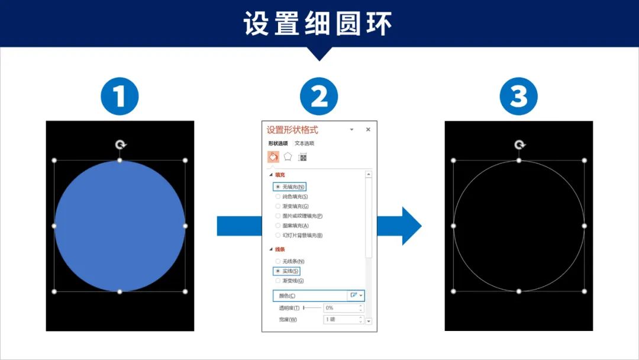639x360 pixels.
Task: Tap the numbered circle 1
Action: point(120,97)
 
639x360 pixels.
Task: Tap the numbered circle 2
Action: point(319,97)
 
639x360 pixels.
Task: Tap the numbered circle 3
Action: point(518,97)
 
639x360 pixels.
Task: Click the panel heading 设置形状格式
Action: point(292,130)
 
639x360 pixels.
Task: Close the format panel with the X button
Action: point(368,130)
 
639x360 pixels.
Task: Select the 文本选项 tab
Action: point(305,143)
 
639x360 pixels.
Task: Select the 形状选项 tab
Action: point(278,143)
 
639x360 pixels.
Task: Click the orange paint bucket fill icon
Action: point(273,157)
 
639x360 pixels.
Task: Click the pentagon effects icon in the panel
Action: point(288,157)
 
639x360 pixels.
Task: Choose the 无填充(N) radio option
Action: point(278,187)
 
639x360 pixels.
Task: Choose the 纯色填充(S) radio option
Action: point(278,197)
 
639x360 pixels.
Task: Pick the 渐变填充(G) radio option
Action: point(278,206)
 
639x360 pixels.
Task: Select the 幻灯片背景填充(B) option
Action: point(278,235)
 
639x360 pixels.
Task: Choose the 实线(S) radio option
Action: point(278,271)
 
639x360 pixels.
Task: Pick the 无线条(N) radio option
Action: point(278,261)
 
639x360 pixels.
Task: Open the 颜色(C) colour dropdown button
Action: point(357,295)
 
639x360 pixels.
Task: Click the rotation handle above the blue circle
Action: point(120,144)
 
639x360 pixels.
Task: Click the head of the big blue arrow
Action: point(410,226)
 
